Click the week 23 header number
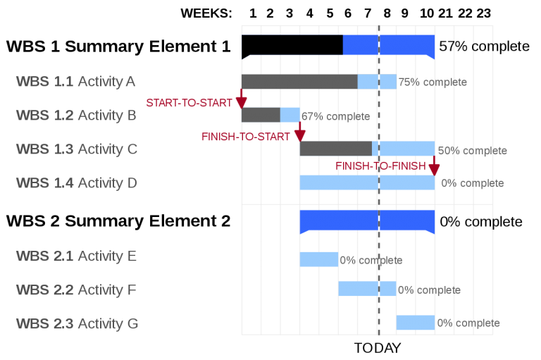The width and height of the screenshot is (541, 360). pyautogui.click(x=483, y=13)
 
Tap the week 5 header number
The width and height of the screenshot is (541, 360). pyautogui.click(x=330, y=13)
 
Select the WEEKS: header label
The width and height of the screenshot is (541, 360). pyautogui.click(x=206, y=13)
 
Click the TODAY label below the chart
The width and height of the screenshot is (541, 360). pyautogui.click(x=378, y=348)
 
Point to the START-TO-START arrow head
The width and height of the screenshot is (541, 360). pyautogui.click(x=241, y=103)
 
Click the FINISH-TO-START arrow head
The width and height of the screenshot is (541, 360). pyautogui.click(x=300, y=136)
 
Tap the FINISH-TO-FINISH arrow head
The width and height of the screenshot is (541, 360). pyautogui.click(x=434, y=170)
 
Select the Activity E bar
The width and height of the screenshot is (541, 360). pyautogui.click(x=319, y=259)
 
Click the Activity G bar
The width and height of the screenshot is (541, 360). pyautogui.click(x=416, y=323)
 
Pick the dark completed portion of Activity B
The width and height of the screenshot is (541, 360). pyautogui.click(x=261, y=115)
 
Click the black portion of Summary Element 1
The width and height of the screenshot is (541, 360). pyautogui.click(x=292, y=45)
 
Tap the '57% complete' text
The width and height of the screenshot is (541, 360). pyautogui.click(x=484, y=46)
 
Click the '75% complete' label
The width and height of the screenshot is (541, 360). pyautogui.click(x=433, y=82)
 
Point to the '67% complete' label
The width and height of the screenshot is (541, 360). pyautogui.click(x=336, y=116)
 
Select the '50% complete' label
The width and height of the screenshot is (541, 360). pyautogui.click(x=473, y=151)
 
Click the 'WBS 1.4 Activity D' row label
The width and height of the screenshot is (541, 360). pyautogui.click(x=77, y=183)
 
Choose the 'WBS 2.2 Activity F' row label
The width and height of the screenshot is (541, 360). pyautogui.click(x=76, y=290)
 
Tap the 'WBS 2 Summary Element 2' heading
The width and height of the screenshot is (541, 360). pyautogui.click(x=118, y=221)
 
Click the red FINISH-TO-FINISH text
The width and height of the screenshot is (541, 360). pyautogui.click(x=380, y=166)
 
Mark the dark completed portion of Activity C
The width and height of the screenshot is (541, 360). pyautogui.click(x=336, y=149)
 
